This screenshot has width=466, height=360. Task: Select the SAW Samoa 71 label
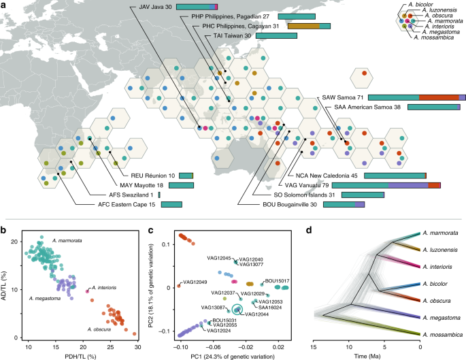pos(342,97)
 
